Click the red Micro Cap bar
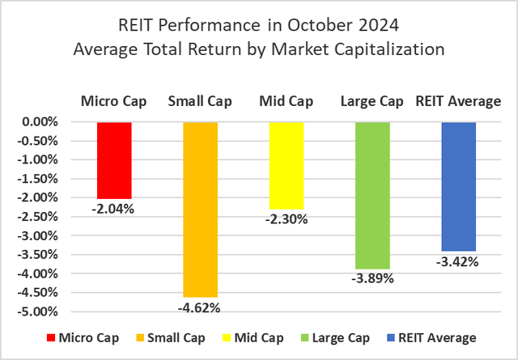coord(113,160)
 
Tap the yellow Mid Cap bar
coord(286,165)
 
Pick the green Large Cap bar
coord(372,195)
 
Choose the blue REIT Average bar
coord(458,186)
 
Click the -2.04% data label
coord(113,208)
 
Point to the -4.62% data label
coord(200,307)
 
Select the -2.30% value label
coord(286,218)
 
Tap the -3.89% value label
coord(372,279)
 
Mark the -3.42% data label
coord(458,261)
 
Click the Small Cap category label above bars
coord(200,102)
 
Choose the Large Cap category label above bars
coord(372,102)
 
